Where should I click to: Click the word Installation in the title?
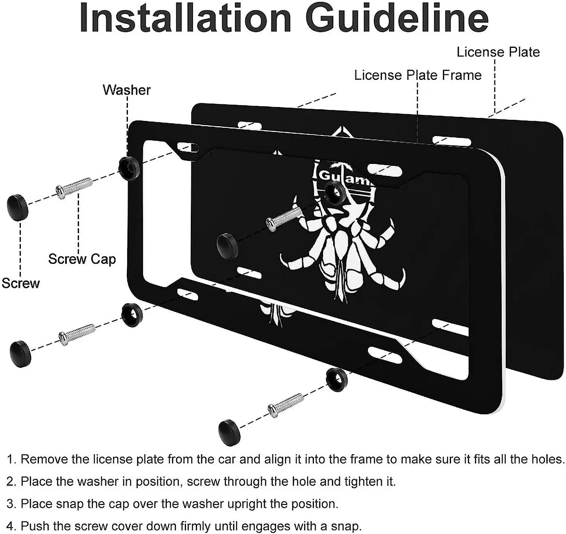(x=185, y=18)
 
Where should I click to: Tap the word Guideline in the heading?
(x=397, y=18)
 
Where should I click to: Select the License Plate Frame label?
(x=418, y=75)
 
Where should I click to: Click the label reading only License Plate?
(x=498, y=52)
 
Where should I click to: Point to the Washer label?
(x=127, y=90)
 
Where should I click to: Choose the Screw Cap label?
(x=82, y=259)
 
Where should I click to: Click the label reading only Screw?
(x=21, y=283)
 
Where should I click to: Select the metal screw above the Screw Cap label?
(x=74, y=187)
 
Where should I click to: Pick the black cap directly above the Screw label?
(x=18, y=207)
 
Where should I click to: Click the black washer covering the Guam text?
(x=334, y=192)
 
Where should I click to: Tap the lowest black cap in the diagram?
(x=229, y=431)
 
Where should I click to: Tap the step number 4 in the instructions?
(x=10, y=526)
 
